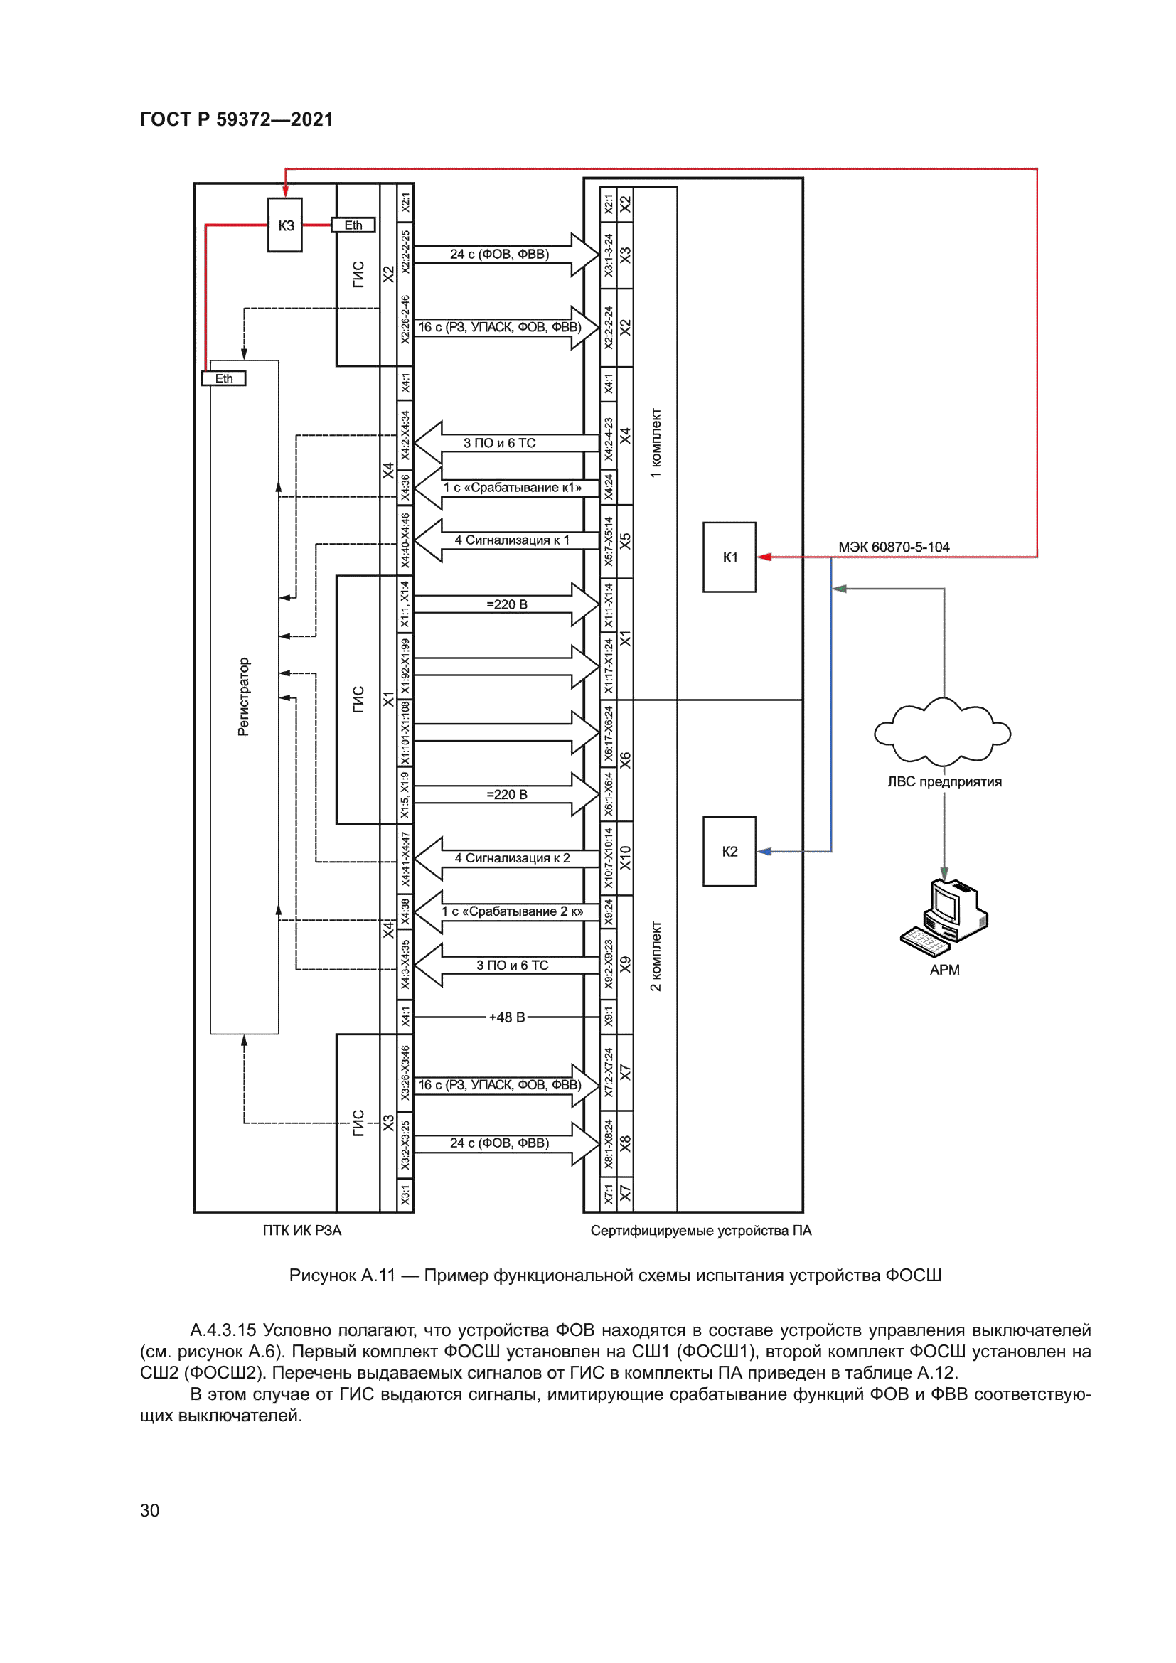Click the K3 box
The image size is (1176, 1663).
285,225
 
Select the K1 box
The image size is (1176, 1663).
729,557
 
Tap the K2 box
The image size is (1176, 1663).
729,851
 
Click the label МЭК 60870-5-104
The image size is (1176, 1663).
894,547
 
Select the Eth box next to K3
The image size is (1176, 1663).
353,225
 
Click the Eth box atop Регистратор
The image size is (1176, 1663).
224,378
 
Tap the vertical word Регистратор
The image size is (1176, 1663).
243,697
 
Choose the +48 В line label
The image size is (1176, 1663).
506,1017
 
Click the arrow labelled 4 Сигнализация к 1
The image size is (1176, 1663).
507,540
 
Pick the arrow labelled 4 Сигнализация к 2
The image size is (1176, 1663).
507,858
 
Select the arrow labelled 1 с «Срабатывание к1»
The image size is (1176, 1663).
507,488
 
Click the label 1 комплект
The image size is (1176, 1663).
656,442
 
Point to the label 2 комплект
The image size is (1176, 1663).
656,956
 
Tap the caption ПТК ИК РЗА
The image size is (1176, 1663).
302,1230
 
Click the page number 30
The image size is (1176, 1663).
149,1510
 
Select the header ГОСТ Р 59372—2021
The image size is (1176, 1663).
236,119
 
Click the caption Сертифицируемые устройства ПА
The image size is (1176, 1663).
700,1230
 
